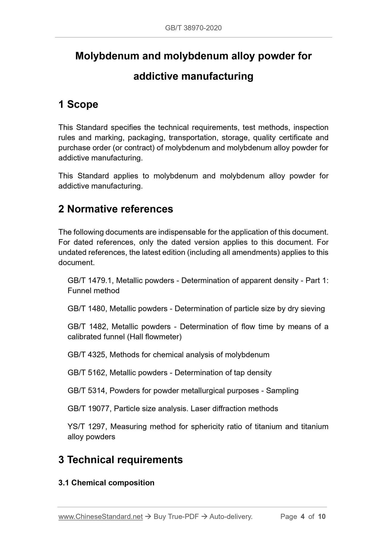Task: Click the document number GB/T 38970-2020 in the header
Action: [x=193, y=28]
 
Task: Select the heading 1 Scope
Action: [x=78, y=104]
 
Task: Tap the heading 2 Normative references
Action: [x=116, y=209]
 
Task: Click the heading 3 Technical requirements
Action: [x=121, y=460]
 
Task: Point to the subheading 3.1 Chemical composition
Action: [x=106, y=483]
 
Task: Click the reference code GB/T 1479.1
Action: [x=91, y=280]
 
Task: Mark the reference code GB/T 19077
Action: [x=89, y=409]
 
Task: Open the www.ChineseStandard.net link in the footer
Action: [x=100, y=516]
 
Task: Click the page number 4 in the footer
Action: [x=303, y=516]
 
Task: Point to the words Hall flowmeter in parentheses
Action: [x=155, y=337]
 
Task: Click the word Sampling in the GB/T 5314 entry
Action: [x=282, y=391]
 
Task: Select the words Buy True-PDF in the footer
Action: [x=176, y=516]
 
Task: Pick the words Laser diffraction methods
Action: [x=234, y=409]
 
